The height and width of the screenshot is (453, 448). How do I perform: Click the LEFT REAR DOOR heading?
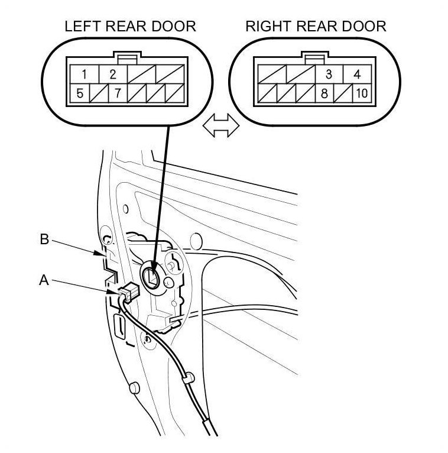130,27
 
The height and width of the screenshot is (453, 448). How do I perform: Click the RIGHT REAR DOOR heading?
316,27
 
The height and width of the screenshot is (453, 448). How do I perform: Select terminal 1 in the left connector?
85,75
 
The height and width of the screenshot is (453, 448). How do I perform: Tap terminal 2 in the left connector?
112,75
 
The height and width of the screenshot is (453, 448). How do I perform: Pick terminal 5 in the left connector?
80,92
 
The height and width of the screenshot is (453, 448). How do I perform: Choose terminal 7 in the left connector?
117,92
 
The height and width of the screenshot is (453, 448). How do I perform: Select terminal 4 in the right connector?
356,75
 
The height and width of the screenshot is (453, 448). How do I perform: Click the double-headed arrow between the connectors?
220,126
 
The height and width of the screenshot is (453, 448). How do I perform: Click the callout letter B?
44,240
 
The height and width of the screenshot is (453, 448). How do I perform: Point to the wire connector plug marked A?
126,292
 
